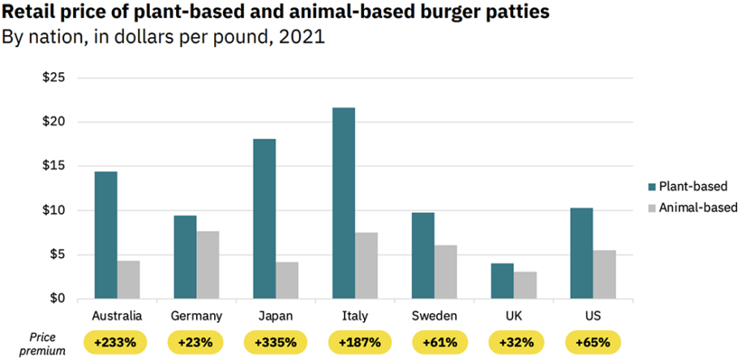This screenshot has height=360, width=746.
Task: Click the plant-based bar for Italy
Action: (343, 203)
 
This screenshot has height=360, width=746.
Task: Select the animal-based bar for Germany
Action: (208, 265)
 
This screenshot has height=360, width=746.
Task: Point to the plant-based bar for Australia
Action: (105, 235)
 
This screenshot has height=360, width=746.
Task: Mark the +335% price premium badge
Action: (275, 342)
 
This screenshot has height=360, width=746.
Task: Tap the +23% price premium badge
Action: (195, 342)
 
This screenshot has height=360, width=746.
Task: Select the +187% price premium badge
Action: (354, 342)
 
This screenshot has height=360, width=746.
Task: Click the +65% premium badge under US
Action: (593, 342)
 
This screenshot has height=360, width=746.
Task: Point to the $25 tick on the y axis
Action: (54, 78)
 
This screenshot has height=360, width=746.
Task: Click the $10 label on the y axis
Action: (54, 211)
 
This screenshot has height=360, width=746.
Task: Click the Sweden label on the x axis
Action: (434, 316)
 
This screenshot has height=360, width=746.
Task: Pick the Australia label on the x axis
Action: (117, 316)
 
